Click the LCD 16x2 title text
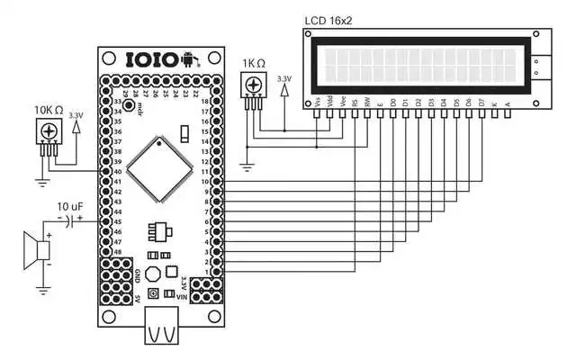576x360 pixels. coord(328,17)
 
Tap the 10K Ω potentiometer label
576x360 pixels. coord(49,110)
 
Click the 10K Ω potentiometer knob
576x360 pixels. coord(50,132)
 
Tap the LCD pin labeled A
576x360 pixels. coord(508,105)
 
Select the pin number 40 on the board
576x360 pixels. coord(117,172)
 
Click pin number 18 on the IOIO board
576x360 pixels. coord(205,102)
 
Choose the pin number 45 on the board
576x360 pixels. coord(117,221)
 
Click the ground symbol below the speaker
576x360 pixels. coord(42,289)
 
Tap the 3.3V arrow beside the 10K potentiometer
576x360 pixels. coord(75,126)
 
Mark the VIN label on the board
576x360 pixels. coord(183,296)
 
